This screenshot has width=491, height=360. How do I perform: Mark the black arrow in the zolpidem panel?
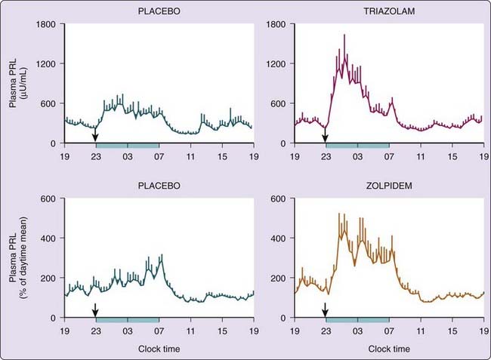point(326,309)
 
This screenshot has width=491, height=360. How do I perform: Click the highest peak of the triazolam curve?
point(344,35)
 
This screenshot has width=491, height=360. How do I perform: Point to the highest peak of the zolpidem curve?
point(339,214)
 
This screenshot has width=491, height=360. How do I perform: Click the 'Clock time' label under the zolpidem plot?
point(389,349)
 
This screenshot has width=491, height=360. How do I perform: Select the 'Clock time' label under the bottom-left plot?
point(159,349)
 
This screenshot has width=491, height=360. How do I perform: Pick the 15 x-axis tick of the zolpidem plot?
point(452,330)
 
